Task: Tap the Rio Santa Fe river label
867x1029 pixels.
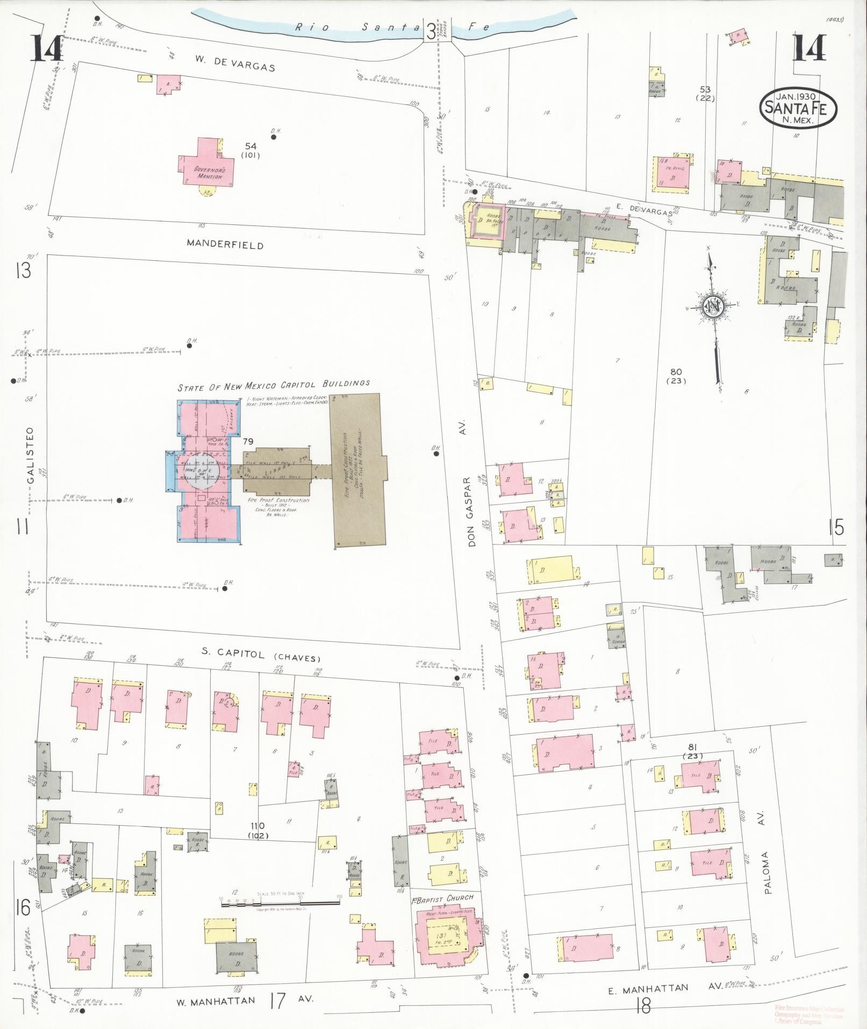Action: [x=392, y=27]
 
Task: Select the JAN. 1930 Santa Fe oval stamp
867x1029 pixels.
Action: [x=798, y=108]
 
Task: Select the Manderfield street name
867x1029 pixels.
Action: [x=225, y=244]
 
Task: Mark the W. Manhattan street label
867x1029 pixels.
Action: [x=216, y=1001]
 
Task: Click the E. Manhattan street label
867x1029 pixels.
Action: [x=648, y=988]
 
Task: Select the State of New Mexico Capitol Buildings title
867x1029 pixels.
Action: [x=274, y=385]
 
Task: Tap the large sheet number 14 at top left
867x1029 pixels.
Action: [x=46, y=48]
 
